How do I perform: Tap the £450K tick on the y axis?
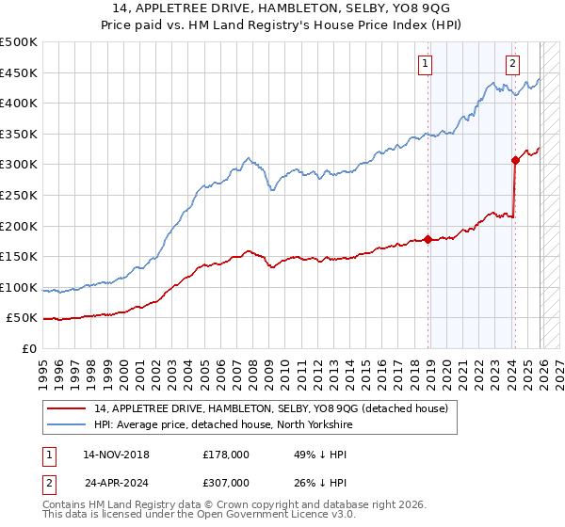[19, 72]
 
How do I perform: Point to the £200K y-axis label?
[19, 226]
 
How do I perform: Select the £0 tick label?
[28, 348]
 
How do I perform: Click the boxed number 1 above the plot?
[425, 64]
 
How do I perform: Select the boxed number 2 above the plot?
[512, 64]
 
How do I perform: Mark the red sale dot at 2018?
[428, 239]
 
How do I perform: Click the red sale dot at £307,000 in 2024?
[515, 160]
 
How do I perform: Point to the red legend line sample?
[66, 408]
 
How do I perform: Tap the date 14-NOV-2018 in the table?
[116, 455]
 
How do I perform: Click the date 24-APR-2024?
[116, 485]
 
